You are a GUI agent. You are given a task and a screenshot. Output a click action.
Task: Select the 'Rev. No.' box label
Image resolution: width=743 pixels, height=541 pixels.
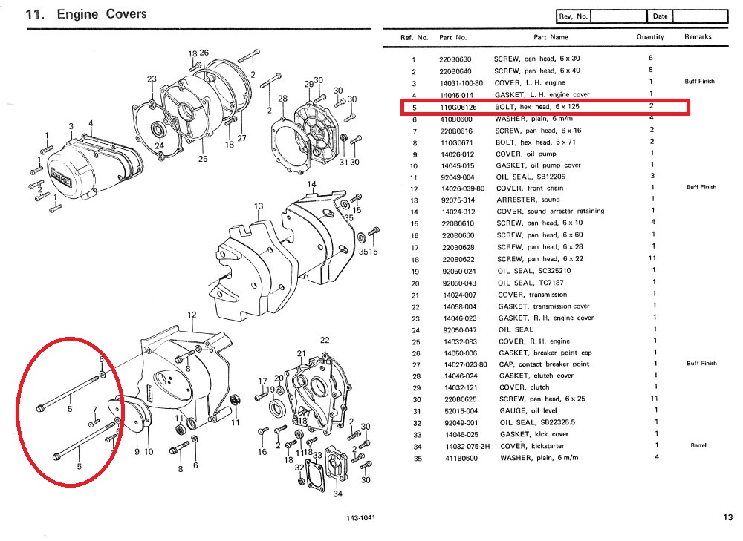[x=573, y=16]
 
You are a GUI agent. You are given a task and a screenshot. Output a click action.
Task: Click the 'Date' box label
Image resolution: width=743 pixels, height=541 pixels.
[x=660, y=16]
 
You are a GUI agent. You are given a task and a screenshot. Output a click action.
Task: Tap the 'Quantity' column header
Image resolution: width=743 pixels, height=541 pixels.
[x=651, y=36]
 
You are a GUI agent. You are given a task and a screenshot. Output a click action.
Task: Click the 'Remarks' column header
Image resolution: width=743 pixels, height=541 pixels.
[x=698, y=36]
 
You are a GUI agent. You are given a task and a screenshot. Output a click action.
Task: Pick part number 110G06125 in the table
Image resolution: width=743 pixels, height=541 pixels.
[x=456, y=107]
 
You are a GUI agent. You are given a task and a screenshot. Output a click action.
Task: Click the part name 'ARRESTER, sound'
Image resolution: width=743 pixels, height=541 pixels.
[x=528, y=200]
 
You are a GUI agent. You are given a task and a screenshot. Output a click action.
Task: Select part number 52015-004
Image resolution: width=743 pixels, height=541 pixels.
[x=457, y=410]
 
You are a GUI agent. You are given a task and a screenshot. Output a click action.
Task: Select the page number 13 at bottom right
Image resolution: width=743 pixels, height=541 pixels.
[x=727, y=518]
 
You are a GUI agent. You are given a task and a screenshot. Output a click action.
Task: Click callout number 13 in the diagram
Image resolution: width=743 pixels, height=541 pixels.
[x=258, y=206]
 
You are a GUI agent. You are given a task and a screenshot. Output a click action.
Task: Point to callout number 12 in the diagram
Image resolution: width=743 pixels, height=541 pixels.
[x=192, y=315]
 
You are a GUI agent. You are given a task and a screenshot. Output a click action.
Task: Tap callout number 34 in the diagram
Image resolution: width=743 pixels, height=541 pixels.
[x=337, y=494]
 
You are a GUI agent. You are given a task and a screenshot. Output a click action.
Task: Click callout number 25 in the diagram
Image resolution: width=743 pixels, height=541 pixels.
[x=203, y=159]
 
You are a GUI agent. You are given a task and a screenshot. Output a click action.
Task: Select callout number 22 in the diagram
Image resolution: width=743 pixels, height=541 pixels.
[x=325, y=340]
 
